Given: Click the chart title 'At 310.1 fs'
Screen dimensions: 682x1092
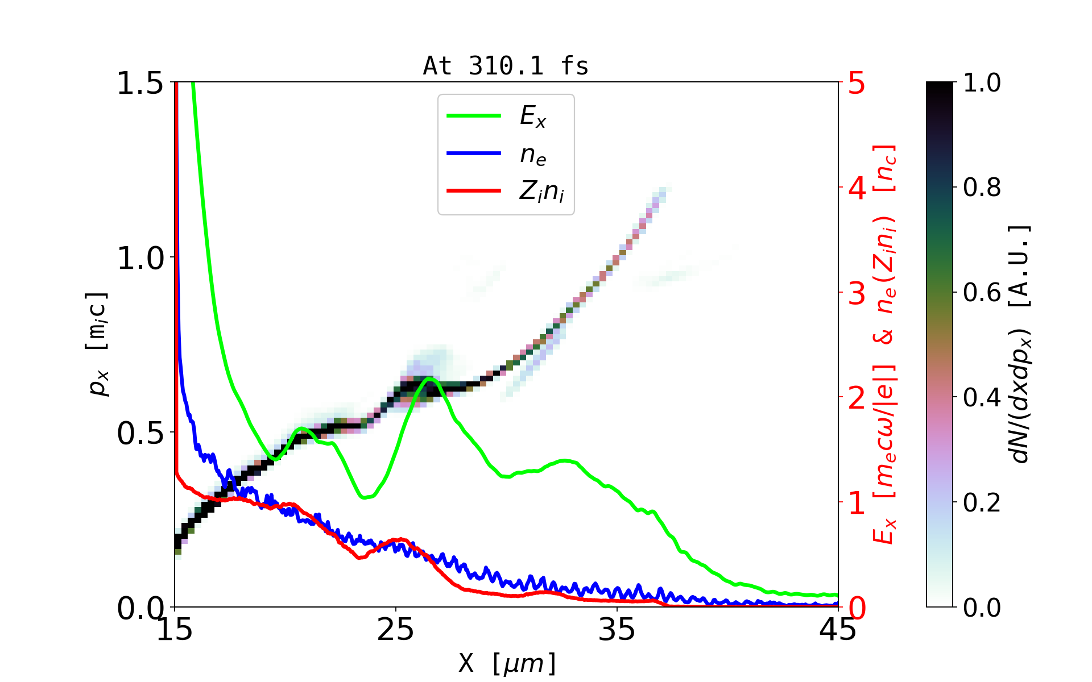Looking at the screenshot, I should pyautogui.click(x=506, y=66).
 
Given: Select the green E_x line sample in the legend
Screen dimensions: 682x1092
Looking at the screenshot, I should pyautogui.click(x=474, y=116).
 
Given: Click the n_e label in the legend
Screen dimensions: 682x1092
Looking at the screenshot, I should pyautogui.click(x=533, y=155).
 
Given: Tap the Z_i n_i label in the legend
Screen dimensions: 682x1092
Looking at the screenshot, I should pyautogui.click(x=541, y=192).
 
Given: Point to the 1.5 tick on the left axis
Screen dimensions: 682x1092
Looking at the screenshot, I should pyautogui.click(x=140, y=84).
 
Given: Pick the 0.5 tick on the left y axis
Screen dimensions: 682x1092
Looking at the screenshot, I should pyautogui.click(x=140, y=434).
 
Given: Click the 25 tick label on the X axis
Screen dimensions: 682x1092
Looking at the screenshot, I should pyautogui.click(x=396, y=630).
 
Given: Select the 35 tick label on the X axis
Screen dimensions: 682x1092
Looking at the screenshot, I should pyautogui.click(x=617, y=630).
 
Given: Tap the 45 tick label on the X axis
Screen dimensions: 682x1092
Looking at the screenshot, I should pyautogui.click(x=838, y=630).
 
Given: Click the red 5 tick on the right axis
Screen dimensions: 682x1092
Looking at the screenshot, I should pyautogui.click(x=857, y=84).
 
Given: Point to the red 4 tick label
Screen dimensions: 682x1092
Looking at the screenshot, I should pyautogui.click(x=857, y=188).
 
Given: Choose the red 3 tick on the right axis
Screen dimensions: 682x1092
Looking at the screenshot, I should pyautogui.click(x=857, y=293).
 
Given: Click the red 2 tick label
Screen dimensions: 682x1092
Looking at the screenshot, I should pyautogui.click(x=857, y=398).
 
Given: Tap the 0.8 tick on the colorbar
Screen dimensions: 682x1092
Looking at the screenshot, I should pyautogui.click(x=982, y=187).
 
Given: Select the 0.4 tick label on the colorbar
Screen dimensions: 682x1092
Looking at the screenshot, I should pyautogui.click(x=982, y=397).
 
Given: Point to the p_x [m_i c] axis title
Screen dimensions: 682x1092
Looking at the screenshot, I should pyautogui.click(x=98, y=344).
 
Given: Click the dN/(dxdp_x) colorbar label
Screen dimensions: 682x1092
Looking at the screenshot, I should pyautogui.click(x=1021, y=344).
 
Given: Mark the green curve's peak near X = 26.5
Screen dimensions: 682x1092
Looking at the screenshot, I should pyautogui.click(x=429, y=378).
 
